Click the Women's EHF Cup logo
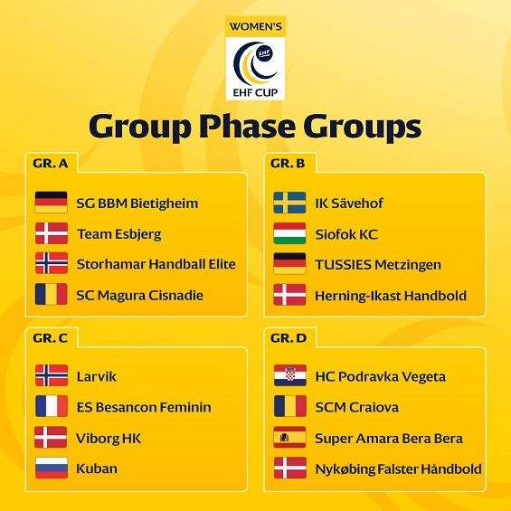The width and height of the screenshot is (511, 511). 255,58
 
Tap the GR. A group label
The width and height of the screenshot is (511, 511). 51,164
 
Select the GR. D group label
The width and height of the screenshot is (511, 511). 289,338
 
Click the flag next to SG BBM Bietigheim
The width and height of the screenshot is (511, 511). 52,202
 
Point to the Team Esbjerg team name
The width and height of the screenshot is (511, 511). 119,234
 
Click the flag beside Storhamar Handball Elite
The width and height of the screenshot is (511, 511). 52,263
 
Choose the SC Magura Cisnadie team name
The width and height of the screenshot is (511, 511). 140,295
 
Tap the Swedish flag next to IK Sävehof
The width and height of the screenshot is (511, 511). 289,203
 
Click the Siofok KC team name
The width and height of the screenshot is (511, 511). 346,234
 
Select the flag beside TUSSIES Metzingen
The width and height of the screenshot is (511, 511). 289,263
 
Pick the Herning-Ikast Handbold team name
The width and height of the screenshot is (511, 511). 391,296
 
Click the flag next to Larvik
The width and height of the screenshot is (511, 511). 52,375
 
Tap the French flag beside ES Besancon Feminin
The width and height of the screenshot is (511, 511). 52,406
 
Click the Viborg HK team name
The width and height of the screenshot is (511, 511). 109,439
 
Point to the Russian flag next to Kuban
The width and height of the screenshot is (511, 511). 52,468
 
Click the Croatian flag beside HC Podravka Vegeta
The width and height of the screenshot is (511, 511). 290,375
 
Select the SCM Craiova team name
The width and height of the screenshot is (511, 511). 357,407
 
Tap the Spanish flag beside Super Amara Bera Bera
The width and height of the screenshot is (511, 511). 289,437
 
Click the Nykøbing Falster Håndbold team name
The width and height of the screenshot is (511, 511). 399,469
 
